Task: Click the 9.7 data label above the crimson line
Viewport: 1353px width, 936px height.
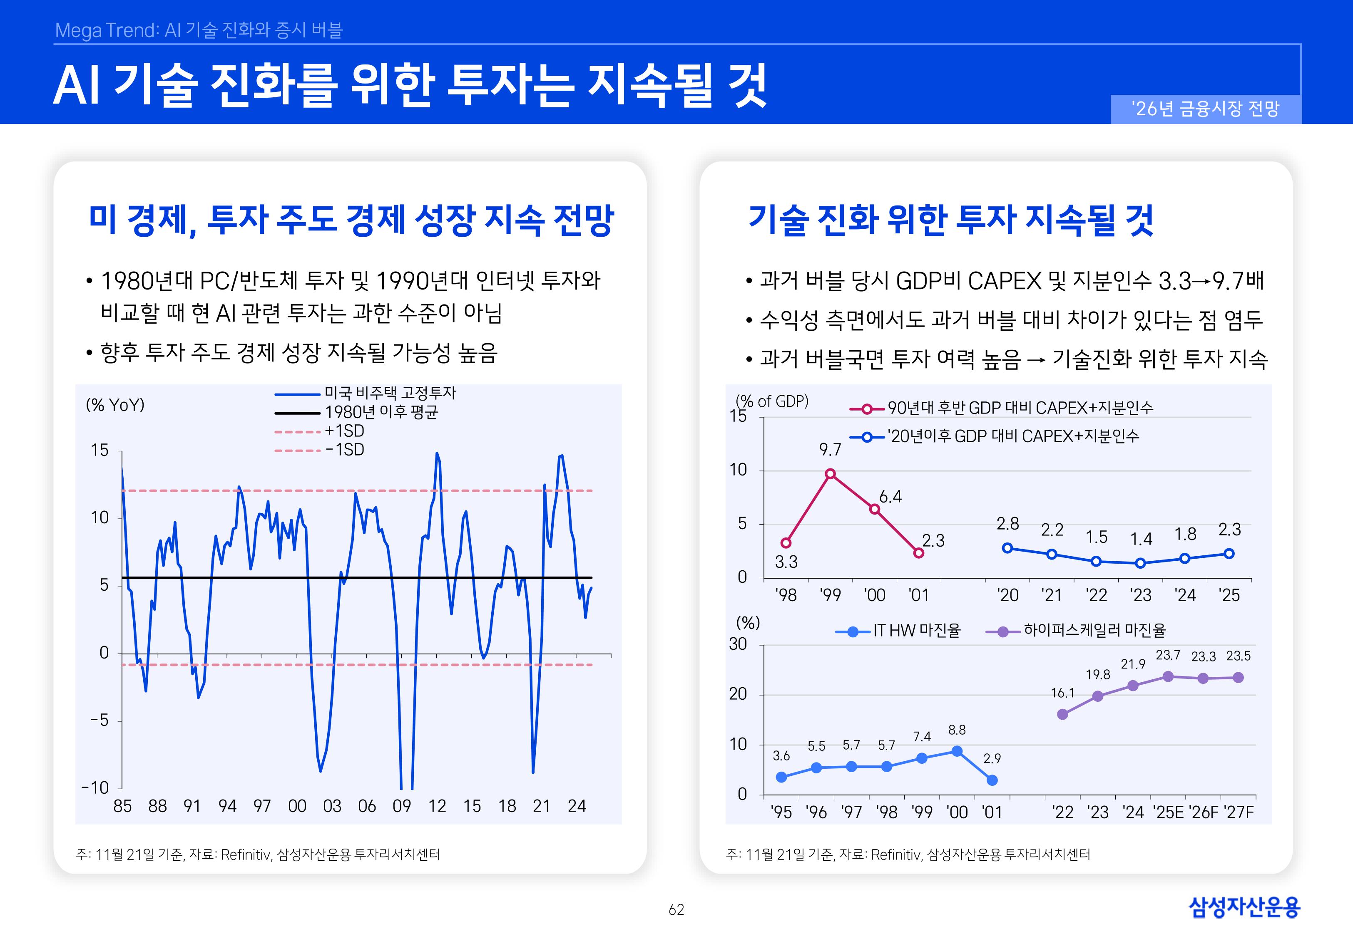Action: (x=830, y=450)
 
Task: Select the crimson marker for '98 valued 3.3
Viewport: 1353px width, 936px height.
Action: (x=786, y=543)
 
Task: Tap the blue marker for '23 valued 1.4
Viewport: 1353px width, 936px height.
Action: (x=1140, y=563)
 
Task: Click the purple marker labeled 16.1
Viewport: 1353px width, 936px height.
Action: (x=1062, y=714)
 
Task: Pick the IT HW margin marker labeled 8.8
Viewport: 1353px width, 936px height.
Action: (x=956, y=751)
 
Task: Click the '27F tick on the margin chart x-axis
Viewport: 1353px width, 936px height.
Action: (x=1238, y=812)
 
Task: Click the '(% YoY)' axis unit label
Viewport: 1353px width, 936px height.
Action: (x=115, y=405)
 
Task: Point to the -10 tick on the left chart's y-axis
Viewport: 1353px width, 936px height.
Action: (x=96, y=787)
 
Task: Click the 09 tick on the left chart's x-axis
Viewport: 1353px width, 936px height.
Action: (x=401, y=806)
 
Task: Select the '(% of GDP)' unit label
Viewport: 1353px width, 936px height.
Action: (x=772, y=401)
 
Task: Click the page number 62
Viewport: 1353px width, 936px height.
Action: (x=676, y=910)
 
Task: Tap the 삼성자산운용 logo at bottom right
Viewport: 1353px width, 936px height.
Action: (x=1244, y=907)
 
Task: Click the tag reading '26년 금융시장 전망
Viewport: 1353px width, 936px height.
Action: (x=1205, y=109)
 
